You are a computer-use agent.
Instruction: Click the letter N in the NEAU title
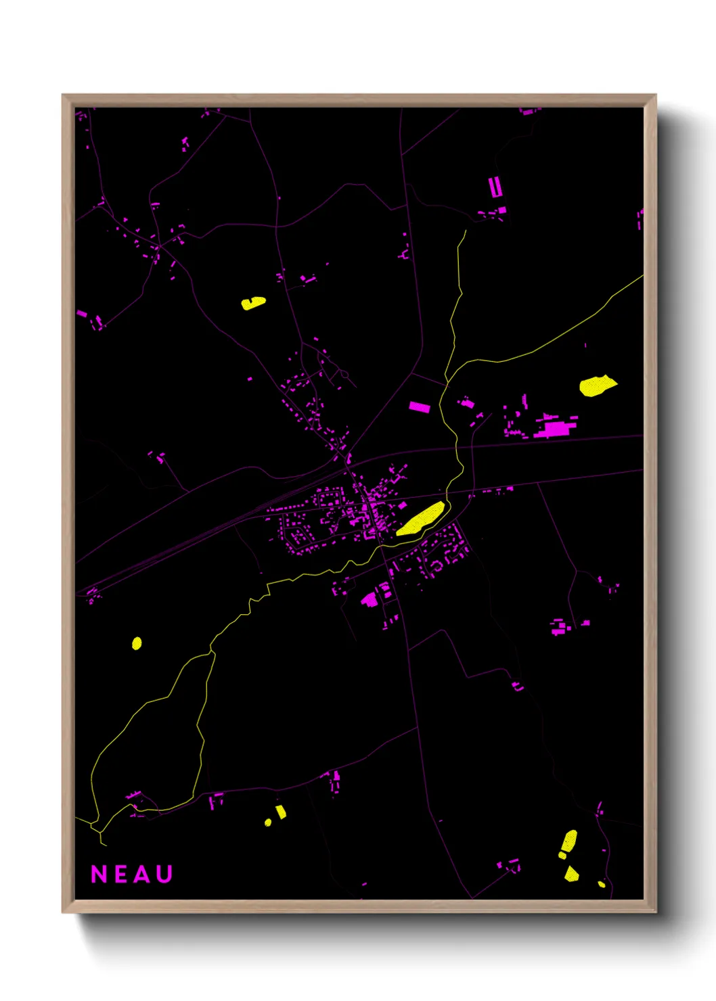(99, 874)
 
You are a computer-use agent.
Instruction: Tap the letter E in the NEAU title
(120, 874)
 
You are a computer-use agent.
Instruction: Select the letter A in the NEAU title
(141, 874)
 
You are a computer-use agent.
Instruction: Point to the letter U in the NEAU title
(164, 874)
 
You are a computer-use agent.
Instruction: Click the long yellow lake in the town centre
(420, 519)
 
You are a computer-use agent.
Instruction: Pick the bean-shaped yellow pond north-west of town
(253, 303)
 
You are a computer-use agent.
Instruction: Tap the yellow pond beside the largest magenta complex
(597, 386)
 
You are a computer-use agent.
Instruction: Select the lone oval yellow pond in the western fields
(137, 643)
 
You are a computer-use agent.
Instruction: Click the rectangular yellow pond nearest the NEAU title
(281, 812)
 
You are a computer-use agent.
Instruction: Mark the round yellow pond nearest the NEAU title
(268, 822)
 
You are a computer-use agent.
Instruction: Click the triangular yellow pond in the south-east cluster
(571, 873)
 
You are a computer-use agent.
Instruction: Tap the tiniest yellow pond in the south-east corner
(601, 883)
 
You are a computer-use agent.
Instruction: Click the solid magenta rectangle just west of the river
(420, 406)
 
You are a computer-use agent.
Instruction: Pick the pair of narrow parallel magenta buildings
(495, 187)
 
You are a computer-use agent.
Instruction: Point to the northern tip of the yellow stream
(466, 231)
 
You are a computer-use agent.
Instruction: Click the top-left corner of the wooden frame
(63, 95)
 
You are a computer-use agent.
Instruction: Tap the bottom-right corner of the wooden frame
(656, 912)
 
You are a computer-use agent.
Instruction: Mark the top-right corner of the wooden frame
(656, 95)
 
